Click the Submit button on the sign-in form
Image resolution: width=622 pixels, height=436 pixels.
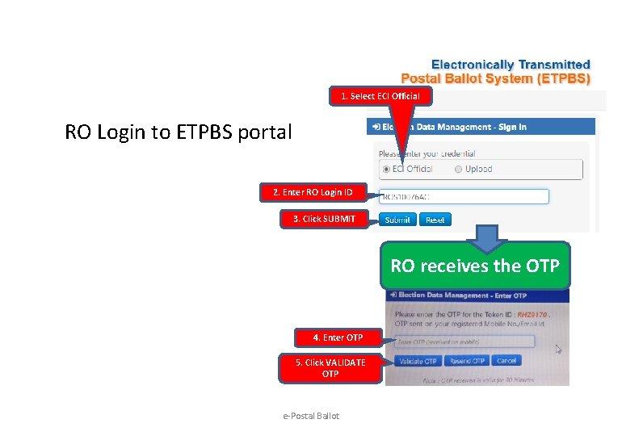(x=397, y=220)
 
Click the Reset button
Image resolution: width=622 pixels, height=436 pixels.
(x=435, y=220)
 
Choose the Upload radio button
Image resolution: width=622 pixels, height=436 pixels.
(x=458, y=170)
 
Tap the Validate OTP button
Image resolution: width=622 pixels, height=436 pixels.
(x=418, y=361)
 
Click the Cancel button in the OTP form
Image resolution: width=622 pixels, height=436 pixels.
(x=506, y=361)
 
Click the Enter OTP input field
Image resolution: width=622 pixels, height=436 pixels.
(x=464, y=342)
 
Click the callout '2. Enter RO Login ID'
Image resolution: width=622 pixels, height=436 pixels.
(x=313, y=192)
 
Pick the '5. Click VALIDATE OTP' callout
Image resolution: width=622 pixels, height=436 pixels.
(x=330, y=368)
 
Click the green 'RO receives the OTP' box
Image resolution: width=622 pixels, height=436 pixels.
(x=475, y=266)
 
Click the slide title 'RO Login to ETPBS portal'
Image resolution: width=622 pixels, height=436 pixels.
(x=178, y=132)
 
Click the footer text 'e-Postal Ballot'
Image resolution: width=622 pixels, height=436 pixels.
(x=311, y=416)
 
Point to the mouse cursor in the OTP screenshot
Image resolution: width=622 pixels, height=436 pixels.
(x=557, y=350)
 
